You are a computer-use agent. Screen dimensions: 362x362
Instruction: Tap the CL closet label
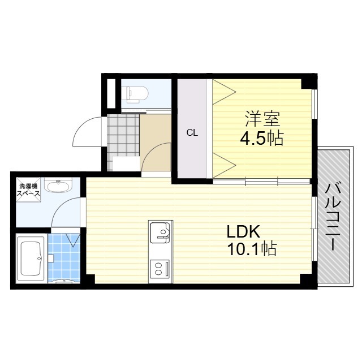coord(192,133)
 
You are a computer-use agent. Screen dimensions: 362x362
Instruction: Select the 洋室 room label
coord(262,120)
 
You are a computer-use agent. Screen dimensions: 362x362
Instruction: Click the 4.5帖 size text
coord(261,139)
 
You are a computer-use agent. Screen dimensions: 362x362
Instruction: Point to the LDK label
coord(243,232)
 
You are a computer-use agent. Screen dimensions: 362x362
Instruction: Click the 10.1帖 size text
coord(252,249)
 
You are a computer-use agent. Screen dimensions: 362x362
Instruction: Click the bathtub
coord(32,258)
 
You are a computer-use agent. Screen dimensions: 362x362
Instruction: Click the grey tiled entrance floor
coord(123,135)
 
